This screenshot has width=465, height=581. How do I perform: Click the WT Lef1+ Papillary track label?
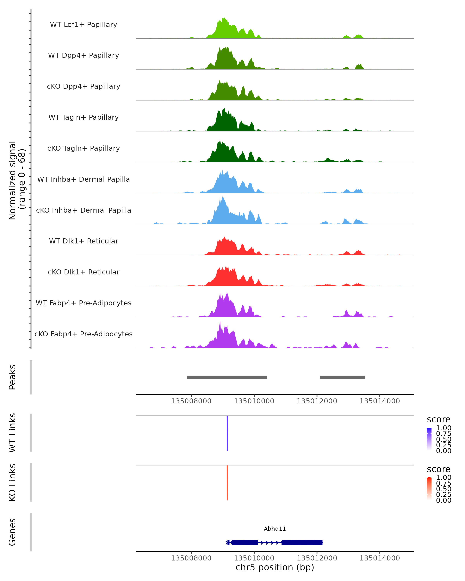pyautogui.click(x=84, y=25)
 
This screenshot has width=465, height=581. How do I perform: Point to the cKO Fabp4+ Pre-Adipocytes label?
pyautogui.click(x=84, y=334)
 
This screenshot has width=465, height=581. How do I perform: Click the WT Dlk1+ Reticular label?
pyautogui.click(x=84, y=241)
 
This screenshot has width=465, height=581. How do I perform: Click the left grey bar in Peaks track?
pyautogui.click(x=227, y=377)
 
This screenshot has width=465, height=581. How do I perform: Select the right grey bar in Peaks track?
pyautogui.click(x=342, y=377)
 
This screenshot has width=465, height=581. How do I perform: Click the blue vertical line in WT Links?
pyautogui.click(x=227, y=433)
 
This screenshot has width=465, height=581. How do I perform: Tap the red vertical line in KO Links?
pyautogui.click(x=227, y=483)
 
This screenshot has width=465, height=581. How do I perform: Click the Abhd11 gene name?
pyautogui.click(x=275, y=529)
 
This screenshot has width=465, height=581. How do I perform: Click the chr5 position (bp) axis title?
pyautogui.click(x=275, y=567)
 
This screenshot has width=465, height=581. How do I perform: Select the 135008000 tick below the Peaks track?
pyautogui.click(x=191, y=401)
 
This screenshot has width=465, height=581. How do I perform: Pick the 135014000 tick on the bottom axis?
pyautogui.click(x=380, y=558)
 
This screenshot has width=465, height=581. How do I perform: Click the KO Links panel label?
pyautogui.click(x=12, y=482)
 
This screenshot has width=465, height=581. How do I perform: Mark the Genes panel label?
pyautogui.click(x=12, y=532)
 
